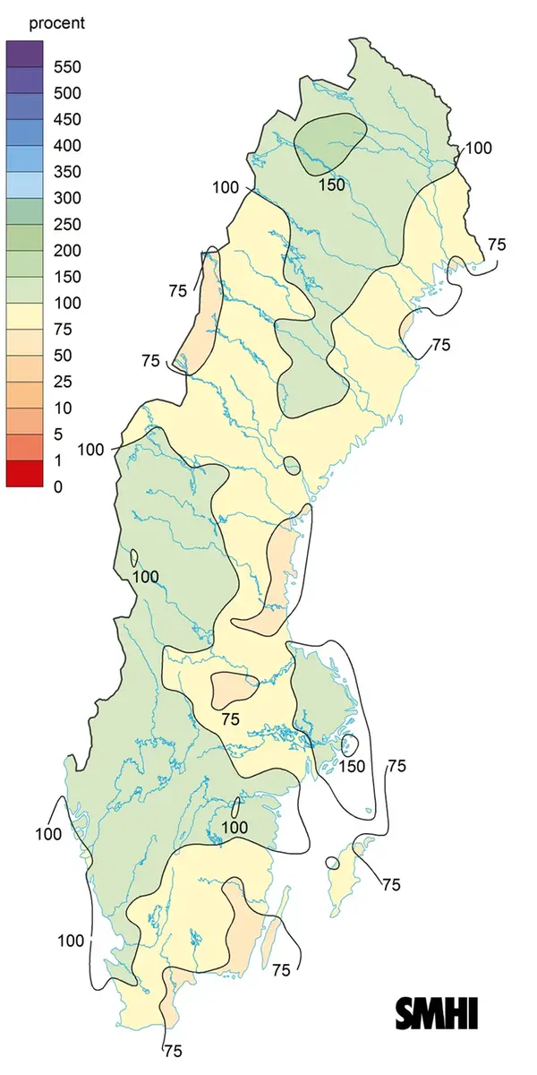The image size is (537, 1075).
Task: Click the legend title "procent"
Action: tap(56, 23)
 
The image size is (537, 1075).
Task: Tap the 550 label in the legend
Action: tap(66, 67)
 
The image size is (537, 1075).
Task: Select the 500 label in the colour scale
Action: tap(66, 93)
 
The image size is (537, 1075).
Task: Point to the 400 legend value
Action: tap(66, 145)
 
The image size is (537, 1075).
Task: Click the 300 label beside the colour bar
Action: tap(66, 198)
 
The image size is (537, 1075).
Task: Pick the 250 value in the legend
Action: tap(66, 224)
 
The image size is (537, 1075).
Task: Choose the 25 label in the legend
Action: tap(63, 382)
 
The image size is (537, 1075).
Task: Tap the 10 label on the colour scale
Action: tap(63, 408)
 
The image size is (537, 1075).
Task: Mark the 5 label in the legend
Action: tap(59, 434)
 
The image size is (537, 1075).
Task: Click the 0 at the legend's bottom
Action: tap(59, 487)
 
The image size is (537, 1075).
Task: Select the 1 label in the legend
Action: tap(59, 460)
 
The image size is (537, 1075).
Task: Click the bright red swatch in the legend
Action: tap(24, 474)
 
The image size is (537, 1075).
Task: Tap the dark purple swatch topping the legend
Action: tap(24, 54)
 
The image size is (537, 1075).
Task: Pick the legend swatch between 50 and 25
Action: tap(24, 369)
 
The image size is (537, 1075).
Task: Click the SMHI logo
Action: tap(437, 1011)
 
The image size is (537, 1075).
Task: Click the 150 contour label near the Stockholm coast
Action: tap(352, 766)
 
